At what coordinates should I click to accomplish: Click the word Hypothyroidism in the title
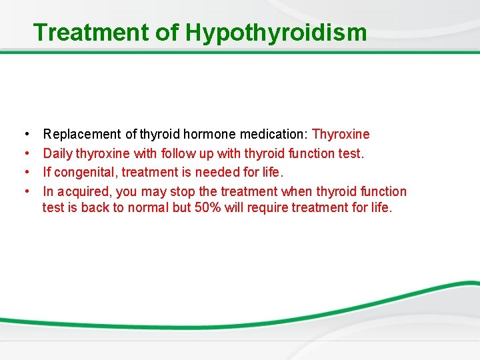pyautogui.click(x=276, y=32)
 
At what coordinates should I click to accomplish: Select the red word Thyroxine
pyautogui.click(x=341, y=135)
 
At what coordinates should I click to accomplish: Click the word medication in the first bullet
pyautogui.click(x=272, y=135)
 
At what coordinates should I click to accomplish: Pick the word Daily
pyautogui.click(x=58, y=153)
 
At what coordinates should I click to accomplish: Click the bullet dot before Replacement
pyautogui.click(x=24, y=135)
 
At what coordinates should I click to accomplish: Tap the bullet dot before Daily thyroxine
pyautogui.click(x=24, y=153)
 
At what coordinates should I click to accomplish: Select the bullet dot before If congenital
pyautogui.click(x=24, y=173)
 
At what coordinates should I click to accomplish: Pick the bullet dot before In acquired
pyautogui.click(x=24, y=192)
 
